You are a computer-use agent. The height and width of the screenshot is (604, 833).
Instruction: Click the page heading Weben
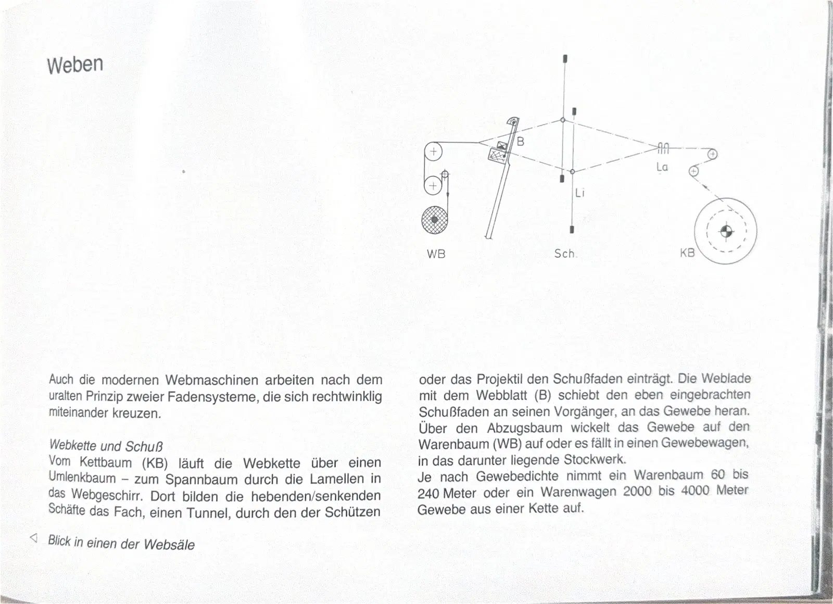75,65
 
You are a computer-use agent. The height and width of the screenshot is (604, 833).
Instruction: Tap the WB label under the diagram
436,254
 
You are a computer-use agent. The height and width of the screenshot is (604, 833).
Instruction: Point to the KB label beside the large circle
687,253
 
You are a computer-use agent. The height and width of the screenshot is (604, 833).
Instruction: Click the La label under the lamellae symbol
662,167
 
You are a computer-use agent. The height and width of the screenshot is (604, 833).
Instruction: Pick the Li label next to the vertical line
580,193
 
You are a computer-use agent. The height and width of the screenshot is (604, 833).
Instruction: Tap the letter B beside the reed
520,141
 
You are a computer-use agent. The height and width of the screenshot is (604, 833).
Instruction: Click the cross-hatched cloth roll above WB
435,219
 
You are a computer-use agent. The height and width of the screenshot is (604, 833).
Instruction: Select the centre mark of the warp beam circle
726,231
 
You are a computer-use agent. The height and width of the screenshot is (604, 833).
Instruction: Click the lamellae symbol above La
663,148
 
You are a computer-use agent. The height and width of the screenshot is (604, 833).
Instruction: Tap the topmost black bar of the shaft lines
565,58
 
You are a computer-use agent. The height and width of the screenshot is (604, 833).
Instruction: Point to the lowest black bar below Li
572,229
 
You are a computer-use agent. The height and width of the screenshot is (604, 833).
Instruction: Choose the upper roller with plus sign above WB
433,152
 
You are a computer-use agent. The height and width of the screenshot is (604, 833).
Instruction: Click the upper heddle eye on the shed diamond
563,120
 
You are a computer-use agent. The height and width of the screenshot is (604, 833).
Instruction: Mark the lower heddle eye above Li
572,171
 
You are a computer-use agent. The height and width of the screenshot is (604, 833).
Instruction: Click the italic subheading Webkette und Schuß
106,446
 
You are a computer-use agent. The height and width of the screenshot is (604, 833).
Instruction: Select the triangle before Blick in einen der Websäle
34,538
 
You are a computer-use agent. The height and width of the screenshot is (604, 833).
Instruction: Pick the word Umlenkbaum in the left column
82,477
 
